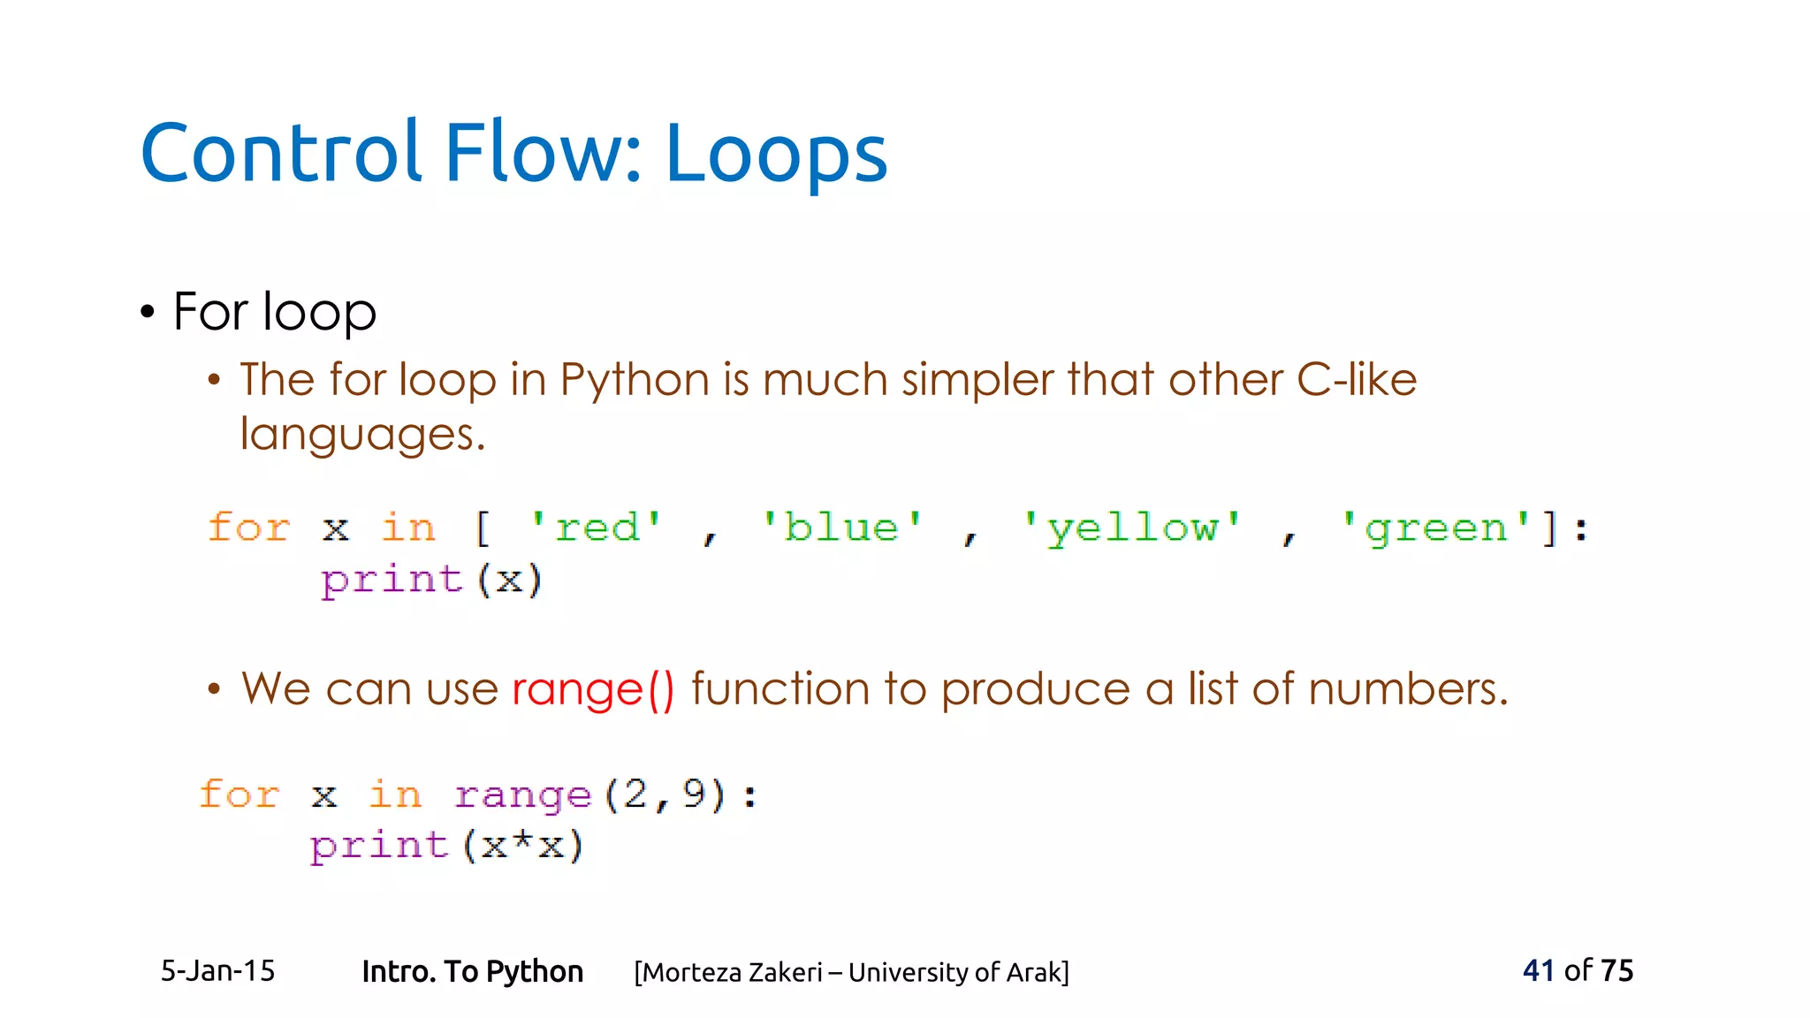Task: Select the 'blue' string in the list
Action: (841, 528)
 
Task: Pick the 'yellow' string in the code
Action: (1132, 528)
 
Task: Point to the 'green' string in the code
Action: (1435, 528)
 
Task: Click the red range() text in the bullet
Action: (593, 689)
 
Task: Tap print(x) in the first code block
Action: (430, 581)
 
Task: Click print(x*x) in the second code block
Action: (446, 846)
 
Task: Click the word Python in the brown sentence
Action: (634, 380)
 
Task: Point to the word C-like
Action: (1356, 380)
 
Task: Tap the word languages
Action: (361, 435)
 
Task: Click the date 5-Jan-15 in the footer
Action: (217, 971)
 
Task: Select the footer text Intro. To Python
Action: (472, 971)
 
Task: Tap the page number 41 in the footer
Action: (1538, 970)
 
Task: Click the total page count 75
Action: (1616, 970)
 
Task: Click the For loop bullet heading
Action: (274, 312)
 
